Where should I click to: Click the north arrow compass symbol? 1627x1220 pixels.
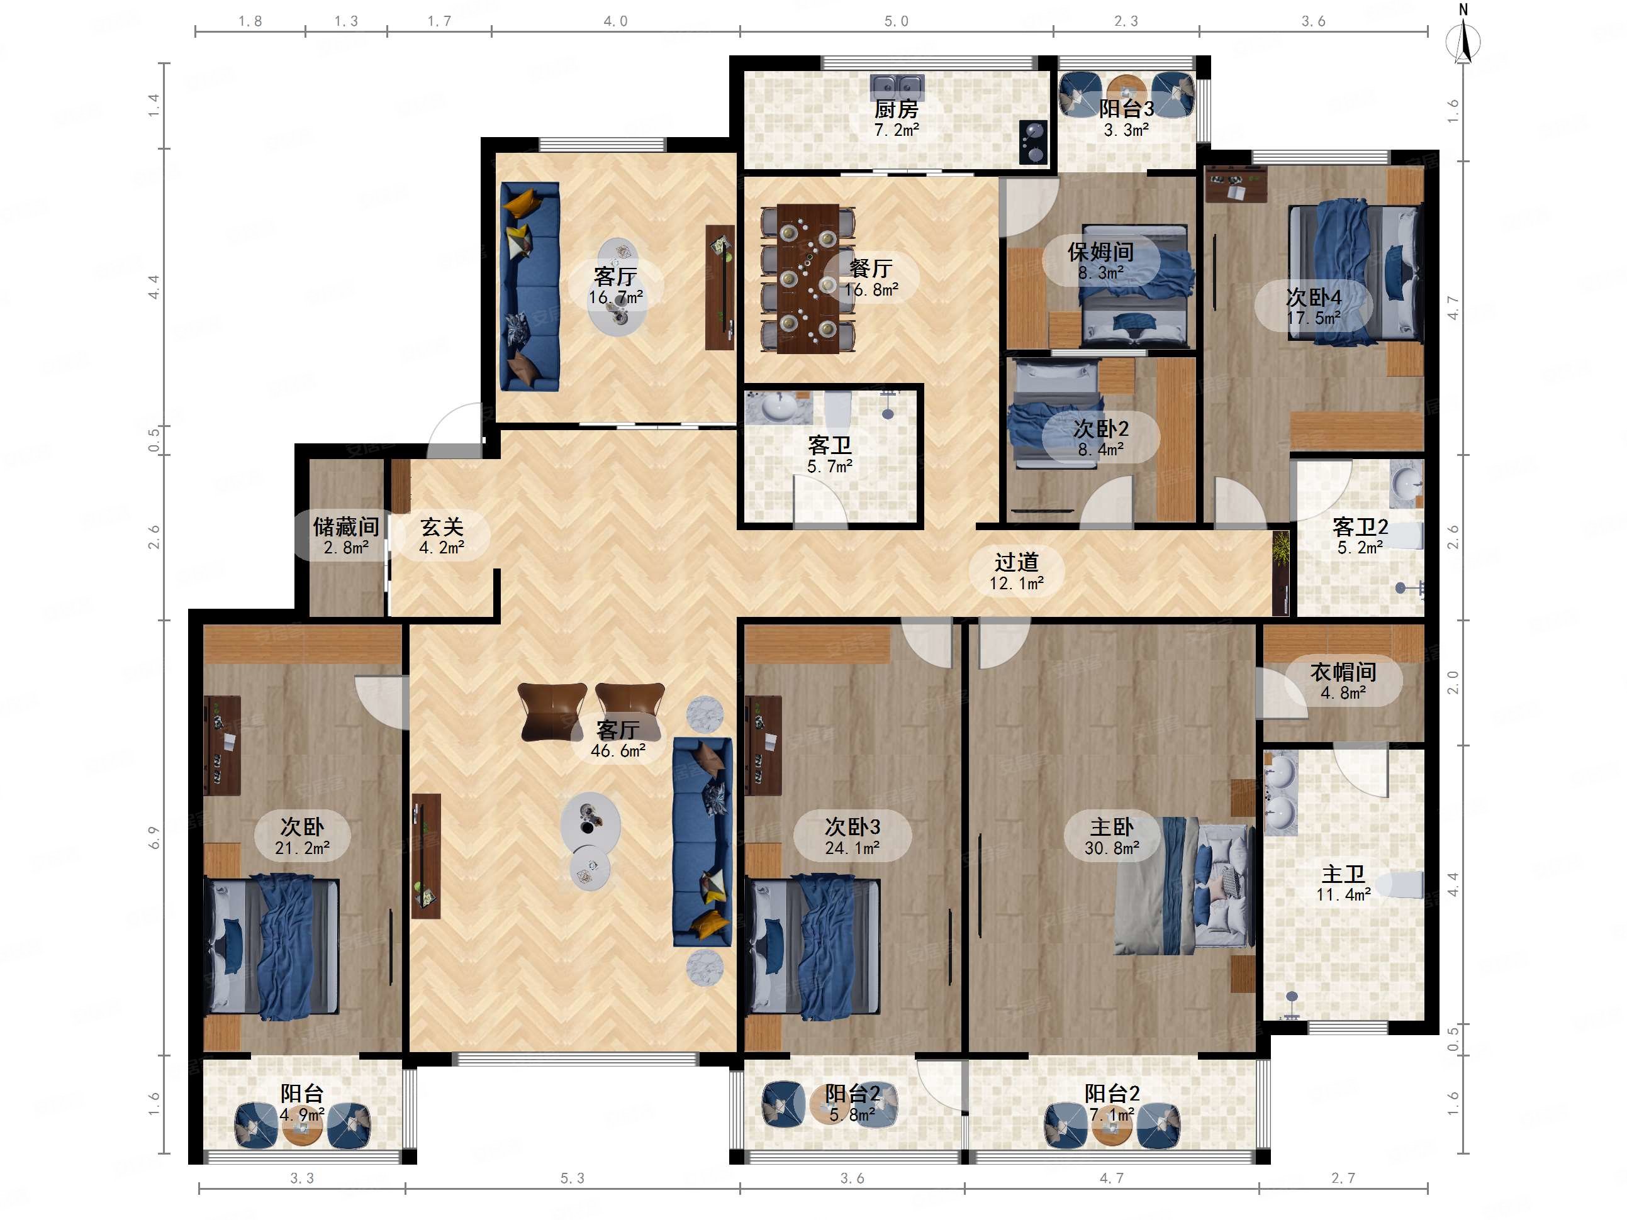pos(1463,40)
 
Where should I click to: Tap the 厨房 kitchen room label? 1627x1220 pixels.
pos(896,109)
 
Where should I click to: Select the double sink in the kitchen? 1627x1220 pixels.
pos(897,87)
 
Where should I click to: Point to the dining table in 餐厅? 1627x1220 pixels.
pos(808,278)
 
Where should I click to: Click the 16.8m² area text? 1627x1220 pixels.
pos(871,290)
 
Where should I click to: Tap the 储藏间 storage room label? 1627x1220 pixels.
pos(345,526)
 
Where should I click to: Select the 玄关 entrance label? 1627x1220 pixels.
pos(442,526)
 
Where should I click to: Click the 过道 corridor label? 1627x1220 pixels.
pos(1017,562)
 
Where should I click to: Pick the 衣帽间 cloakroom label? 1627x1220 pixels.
pos(1343,672)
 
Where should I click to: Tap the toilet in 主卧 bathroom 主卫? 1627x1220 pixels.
pos(1401,885)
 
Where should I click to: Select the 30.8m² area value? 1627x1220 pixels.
pos(1111,848)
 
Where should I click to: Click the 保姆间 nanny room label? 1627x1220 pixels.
pos(1100,252)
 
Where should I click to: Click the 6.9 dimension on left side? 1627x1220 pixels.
pos(153,838)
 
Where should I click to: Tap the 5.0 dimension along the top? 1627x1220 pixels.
pos(896,21)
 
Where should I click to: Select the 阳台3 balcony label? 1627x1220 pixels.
pos(1126,109)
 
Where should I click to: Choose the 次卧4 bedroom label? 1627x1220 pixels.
pos(1313,297)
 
